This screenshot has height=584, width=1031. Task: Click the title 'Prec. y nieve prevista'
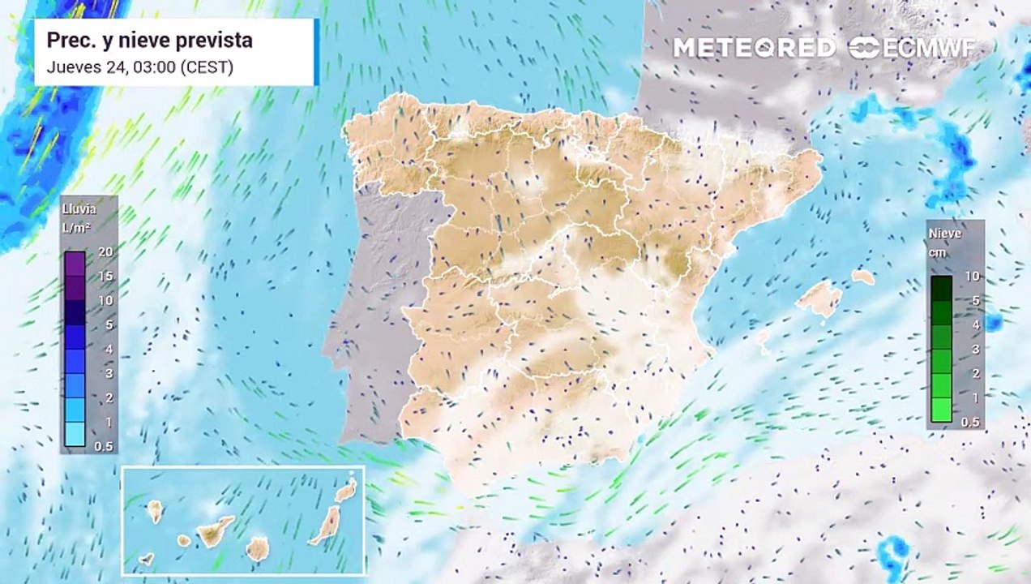(x=149, y=41)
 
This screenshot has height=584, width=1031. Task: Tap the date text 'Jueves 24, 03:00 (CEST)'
(x=139, y=67)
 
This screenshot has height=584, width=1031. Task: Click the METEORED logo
(x=754, y=48)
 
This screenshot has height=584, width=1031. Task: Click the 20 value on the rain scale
(x=104, y=252)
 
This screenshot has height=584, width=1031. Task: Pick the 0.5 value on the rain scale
(x=104, y=447)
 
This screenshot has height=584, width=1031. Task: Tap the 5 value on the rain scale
(x=108, y=324)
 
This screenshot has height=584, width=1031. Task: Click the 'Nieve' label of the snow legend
(x=945, y=234)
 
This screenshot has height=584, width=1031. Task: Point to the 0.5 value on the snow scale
(x=969, y=422)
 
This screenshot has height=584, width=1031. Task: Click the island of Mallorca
(x=819, y=298)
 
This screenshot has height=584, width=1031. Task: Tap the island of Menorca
(x=862, y=277)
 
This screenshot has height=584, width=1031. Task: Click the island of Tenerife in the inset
(x=215, y=531)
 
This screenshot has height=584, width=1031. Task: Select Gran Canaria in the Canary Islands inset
(x=257, y=549)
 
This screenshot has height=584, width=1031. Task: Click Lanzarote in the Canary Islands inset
(x=346, y=490)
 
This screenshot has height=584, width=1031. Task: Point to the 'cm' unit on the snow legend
(x=939, y=251)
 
